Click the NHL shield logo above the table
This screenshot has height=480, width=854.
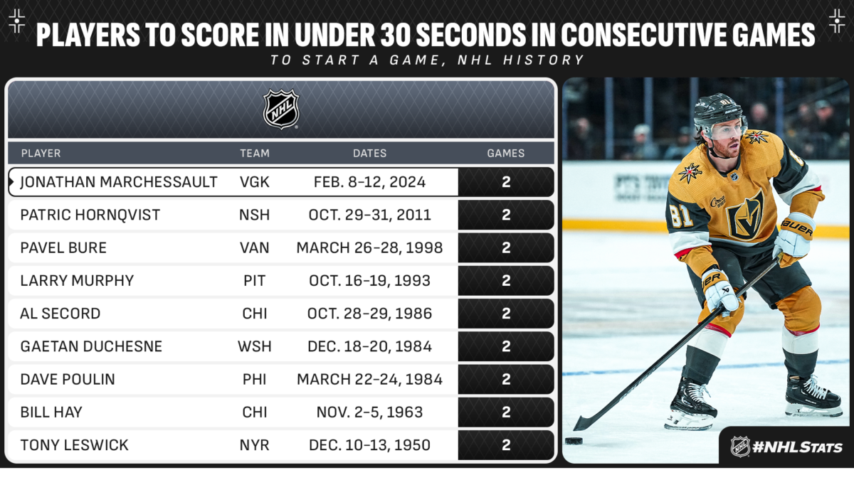point(281,110)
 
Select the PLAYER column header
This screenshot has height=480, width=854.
point(41,153)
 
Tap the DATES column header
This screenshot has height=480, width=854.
point(369,153)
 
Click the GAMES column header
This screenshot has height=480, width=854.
point(505,153)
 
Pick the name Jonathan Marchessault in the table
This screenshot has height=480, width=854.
point(119,182)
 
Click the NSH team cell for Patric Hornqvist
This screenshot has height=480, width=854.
point(254,215)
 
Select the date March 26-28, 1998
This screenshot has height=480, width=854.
point(369,248)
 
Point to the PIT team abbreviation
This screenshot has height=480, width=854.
point(254,281)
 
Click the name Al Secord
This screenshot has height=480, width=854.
point(60,314)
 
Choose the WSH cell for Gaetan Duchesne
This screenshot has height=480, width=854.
point(254,347)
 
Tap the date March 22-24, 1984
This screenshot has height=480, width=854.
point(369,380)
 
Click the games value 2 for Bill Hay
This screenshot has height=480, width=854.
point(506,412)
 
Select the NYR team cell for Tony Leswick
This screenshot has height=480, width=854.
point(254,445)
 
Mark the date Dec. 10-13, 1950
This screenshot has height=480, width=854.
point(369,445)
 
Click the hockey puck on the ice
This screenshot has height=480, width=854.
point(574,441)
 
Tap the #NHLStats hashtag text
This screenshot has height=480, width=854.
point(797,447)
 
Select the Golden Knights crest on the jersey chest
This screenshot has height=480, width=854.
point(746,215)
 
